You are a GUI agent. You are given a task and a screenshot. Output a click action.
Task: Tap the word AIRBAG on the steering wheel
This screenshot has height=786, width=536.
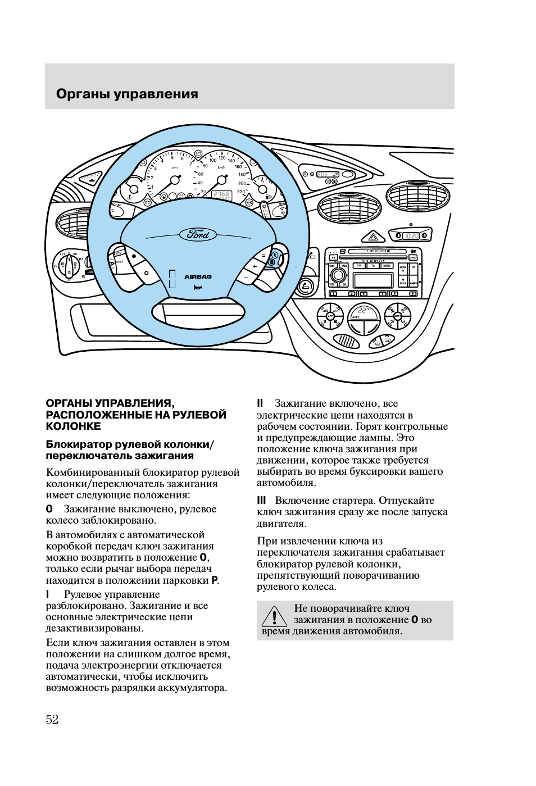click(198, 276)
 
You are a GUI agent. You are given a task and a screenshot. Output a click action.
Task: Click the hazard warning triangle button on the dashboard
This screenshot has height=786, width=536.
click(373, 237)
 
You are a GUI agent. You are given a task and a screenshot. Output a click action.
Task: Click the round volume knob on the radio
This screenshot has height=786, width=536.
click(338, 275)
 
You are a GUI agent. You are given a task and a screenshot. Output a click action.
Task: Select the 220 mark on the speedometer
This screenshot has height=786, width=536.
click(241, 192)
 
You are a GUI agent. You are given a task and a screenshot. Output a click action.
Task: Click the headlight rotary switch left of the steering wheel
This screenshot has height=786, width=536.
click(67, 265)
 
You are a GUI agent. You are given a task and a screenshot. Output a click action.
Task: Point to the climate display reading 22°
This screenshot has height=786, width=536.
click(364, 312)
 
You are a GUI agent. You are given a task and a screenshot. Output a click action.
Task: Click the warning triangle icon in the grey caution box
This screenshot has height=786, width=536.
click(274, 617)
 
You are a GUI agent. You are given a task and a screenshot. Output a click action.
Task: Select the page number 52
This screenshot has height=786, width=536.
click(52, 720)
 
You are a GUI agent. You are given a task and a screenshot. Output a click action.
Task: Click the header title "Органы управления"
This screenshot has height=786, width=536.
click(127, 94)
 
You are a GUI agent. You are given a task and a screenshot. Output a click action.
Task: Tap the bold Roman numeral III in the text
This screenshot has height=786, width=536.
click(261, 501)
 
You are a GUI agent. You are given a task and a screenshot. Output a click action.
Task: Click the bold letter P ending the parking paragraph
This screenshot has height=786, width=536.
click(214, 580)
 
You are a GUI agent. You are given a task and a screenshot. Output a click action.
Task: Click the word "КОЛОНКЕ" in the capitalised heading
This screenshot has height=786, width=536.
click(73, 426)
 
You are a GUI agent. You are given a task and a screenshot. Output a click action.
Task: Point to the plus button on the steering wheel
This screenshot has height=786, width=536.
click(255, 267)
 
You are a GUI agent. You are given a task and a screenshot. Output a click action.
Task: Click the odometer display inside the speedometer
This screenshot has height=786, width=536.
click(221, 196)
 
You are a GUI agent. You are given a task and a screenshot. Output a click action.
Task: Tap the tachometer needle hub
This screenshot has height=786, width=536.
click(175, 180)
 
